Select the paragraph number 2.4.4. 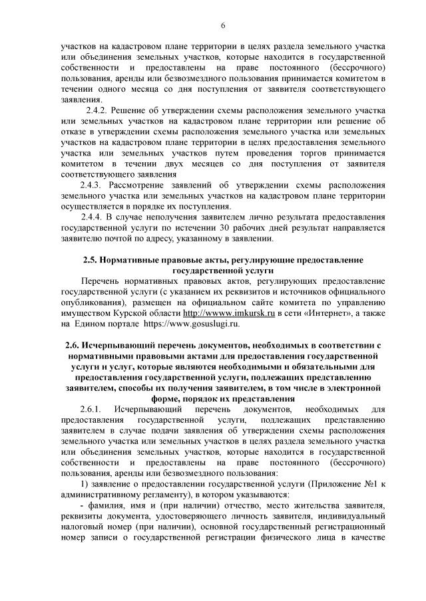[92, 217]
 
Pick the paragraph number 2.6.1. [92, 407]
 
